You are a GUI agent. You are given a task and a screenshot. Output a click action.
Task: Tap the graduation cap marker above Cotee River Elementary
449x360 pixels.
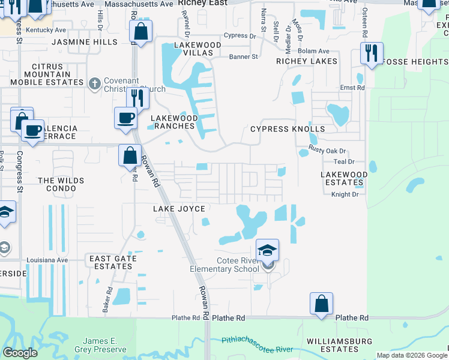tap(267, 250)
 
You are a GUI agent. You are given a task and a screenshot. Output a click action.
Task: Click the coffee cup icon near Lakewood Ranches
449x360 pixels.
tap(125, 117)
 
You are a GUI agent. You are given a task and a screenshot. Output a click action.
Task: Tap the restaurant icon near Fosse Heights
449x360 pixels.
tap(372, 53)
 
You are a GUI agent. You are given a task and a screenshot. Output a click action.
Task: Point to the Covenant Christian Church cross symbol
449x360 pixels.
tap(94, 85)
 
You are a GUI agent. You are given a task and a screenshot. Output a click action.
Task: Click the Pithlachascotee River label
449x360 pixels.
tap(257, 344)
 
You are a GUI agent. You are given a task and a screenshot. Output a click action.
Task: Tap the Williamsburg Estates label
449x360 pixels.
tap(333, 345)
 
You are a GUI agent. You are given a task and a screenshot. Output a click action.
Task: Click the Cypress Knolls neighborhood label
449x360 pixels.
tap(287, 129)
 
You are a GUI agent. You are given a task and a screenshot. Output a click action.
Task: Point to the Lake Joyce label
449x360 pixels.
tap(179, 209)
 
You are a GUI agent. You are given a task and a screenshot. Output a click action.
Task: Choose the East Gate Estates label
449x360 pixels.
tap(113, 262)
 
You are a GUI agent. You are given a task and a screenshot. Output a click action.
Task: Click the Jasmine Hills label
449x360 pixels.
tap(85, 42)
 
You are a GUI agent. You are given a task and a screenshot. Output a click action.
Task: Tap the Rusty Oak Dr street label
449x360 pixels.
tap(328, 149)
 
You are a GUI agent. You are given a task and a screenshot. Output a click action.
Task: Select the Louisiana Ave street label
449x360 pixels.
tap(47, 260)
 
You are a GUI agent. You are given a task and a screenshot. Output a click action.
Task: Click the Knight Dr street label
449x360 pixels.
tap(345, 194)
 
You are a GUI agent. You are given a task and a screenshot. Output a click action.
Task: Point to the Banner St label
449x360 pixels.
tap(243, 57)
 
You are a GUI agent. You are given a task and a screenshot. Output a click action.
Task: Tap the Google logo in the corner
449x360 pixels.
tap(20, 353)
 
